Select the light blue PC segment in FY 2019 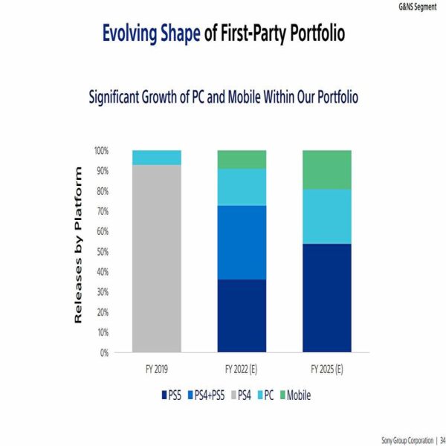tap(156, 157)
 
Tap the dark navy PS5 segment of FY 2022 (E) tap(242, 315)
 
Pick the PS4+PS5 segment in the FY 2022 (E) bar tap(242, 242)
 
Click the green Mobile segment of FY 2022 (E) tap(242, 159)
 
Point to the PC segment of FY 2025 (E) tap(326, 216)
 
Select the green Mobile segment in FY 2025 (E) tap(326, 169)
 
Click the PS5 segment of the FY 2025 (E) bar tap(326, 297)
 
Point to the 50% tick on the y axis tap(101, 251)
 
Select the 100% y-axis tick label tap(100, 150)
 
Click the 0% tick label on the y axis tap(103, 352)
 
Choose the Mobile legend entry tap(294, 395)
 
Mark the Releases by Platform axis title tap(77, 245)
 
